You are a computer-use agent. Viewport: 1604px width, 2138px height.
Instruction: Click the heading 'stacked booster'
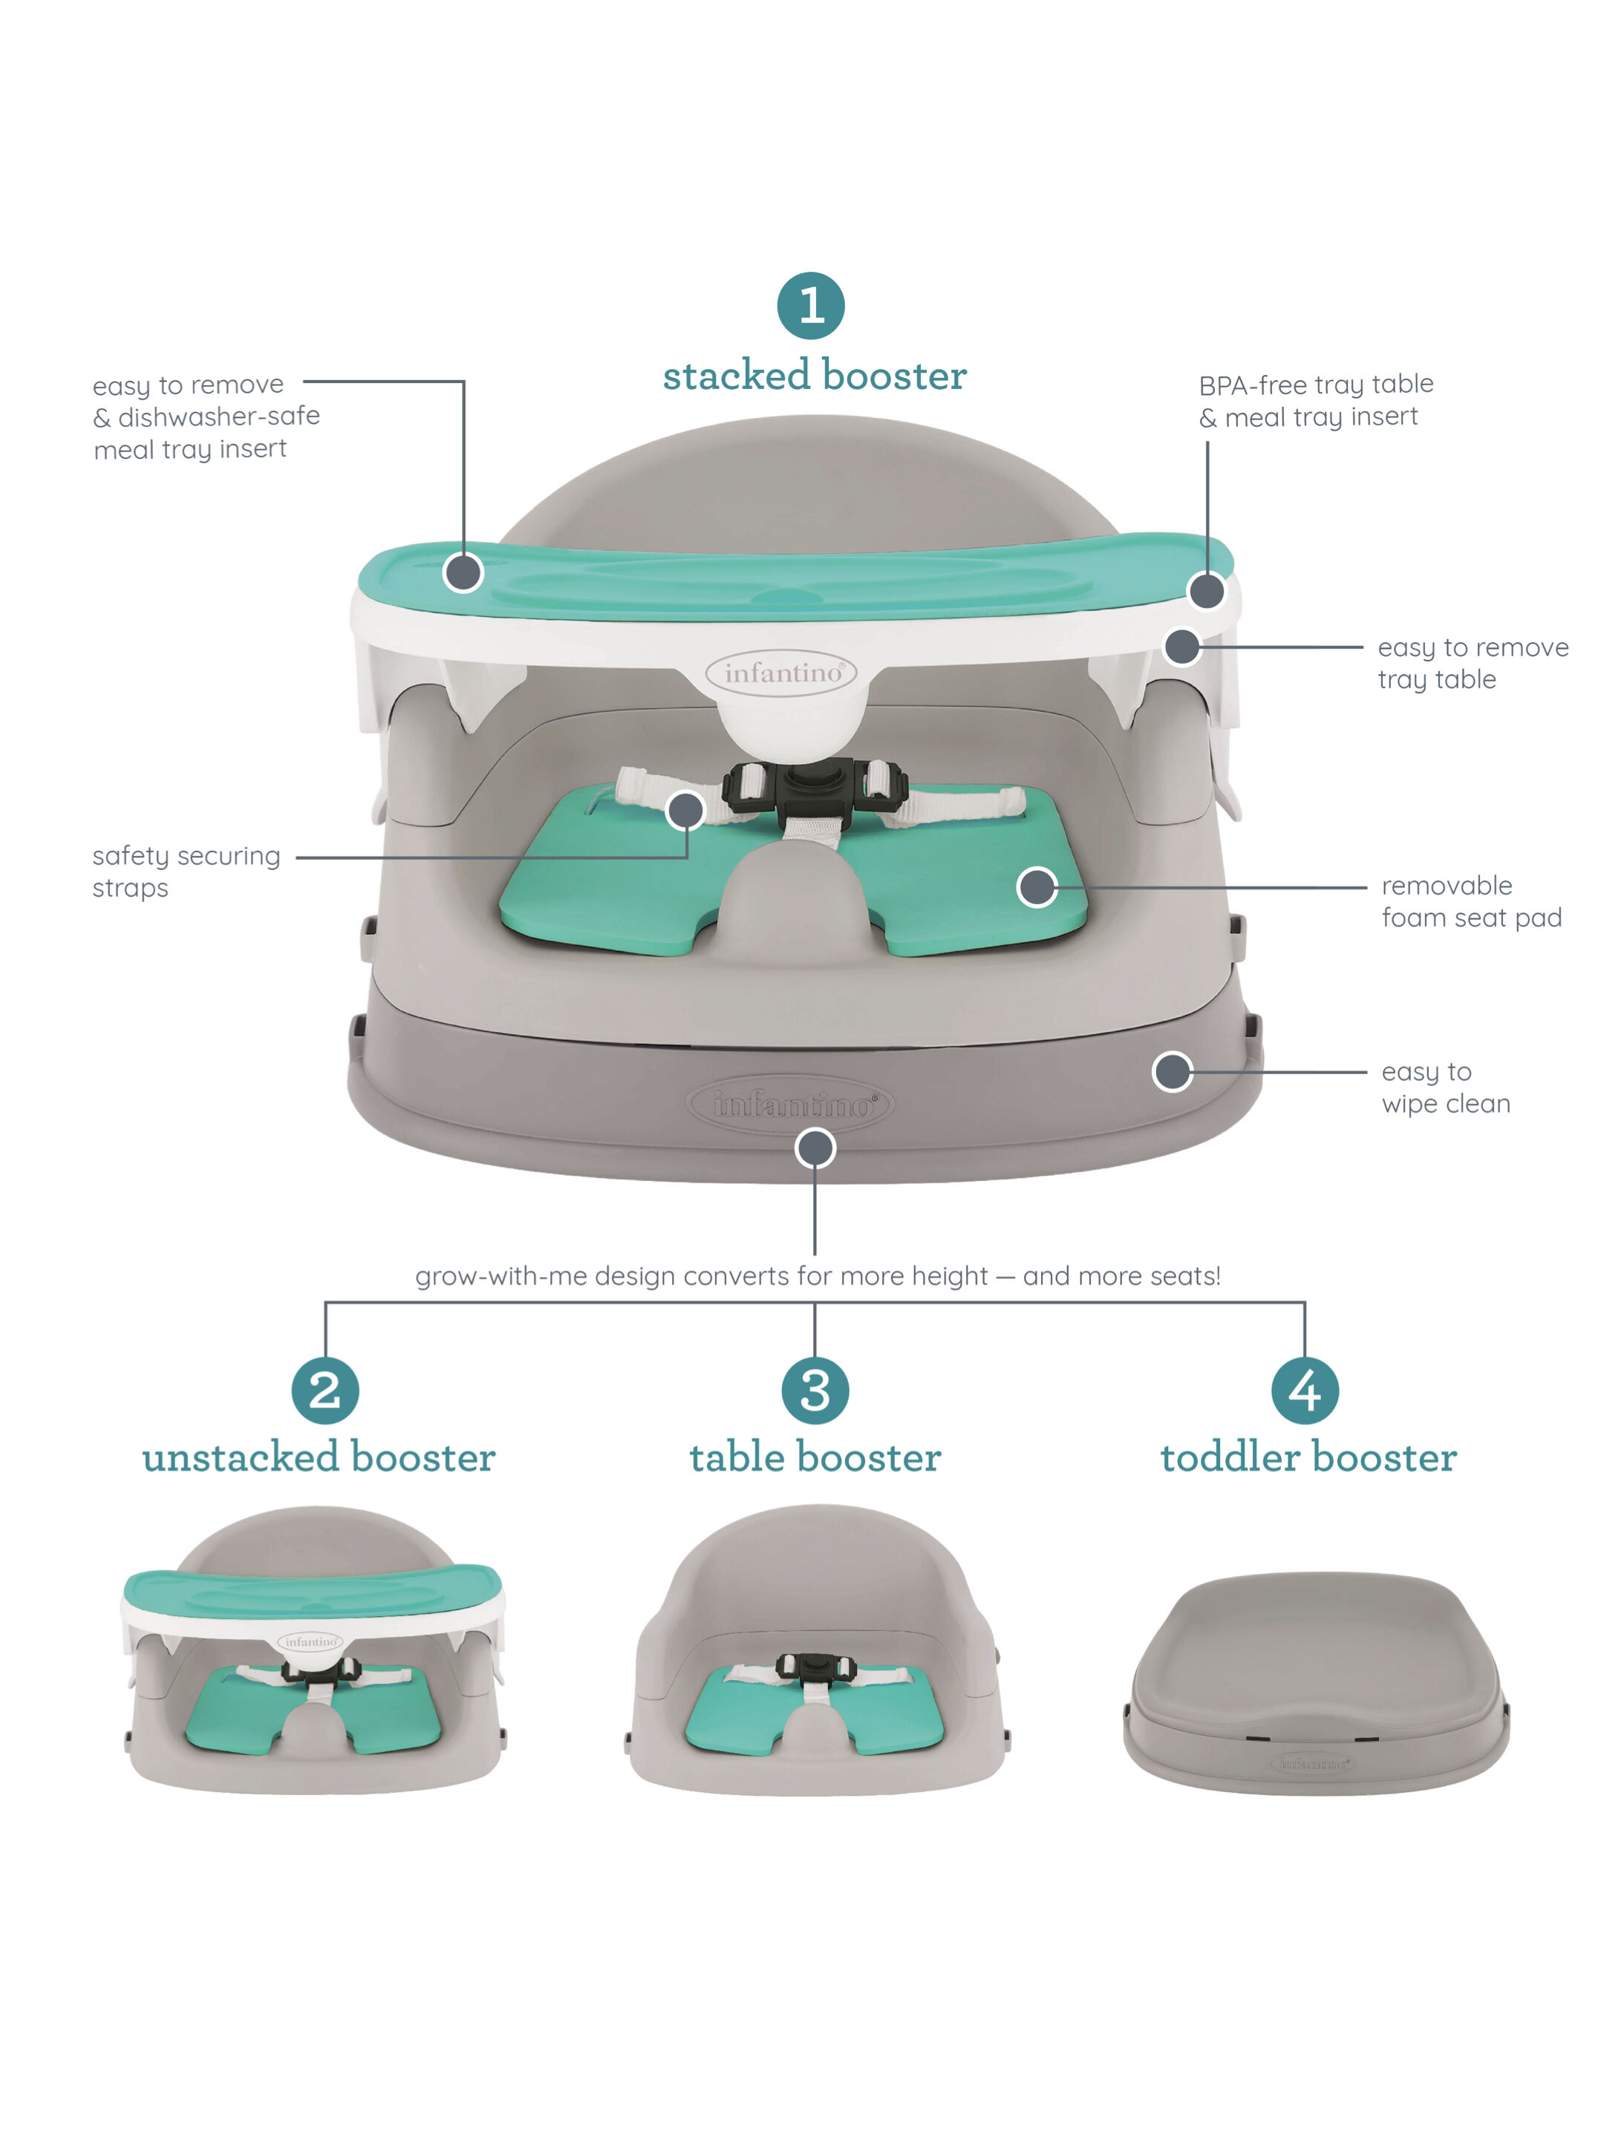pyautogui.click(x=814, y=376)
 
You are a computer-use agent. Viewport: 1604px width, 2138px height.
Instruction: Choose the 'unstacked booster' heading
pyautogui.click(x=319, y=1457)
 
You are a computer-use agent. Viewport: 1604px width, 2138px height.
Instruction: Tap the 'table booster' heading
pyautogui.click(x=814, y=1457)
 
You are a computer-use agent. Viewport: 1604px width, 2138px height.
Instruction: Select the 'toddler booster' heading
pyautogui.click(x=1308, y=1457)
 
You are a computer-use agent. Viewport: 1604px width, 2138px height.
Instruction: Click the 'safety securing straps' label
pyautogui.click(x=186, y=871)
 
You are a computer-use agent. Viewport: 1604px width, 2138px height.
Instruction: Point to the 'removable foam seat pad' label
pyautogui.click(x=1470, y=900)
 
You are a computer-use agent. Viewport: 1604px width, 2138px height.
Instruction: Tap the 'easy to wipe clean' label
pyautogui.click(x=1444, y=1088)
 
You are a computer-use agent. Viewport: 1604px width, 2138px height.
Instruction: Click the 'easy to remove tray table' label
pyautogui.click(x=1472, y=663)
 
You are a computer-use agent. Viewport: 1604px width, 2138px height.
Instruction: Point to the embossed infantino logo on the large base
pyautogui.click(x=791, y=1104)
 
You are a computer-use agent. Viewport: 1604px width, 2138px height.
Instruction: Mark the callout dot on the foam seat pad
pyautogui.click(x=1037, y=886)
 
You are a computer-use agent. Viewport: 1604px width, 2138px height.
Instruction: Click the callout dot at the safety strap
pyautogui.click(x=685, y=810)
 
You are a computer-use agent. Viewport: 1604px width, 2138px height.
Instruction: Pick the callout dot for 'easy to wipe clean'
pyautogui.click(x=1172, y=1071)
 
